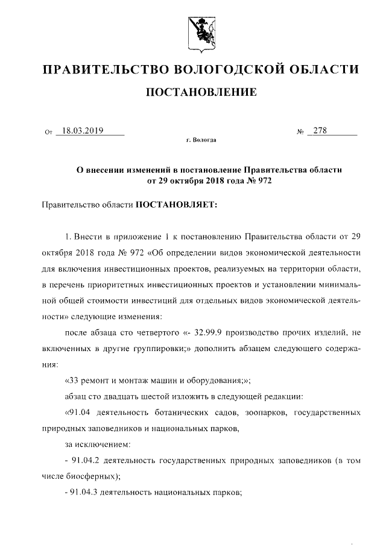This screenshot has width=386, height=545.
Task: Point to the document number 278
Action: point(320,130)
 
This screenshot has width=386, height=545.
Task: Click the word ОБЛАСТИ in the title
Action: point(326,70)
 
